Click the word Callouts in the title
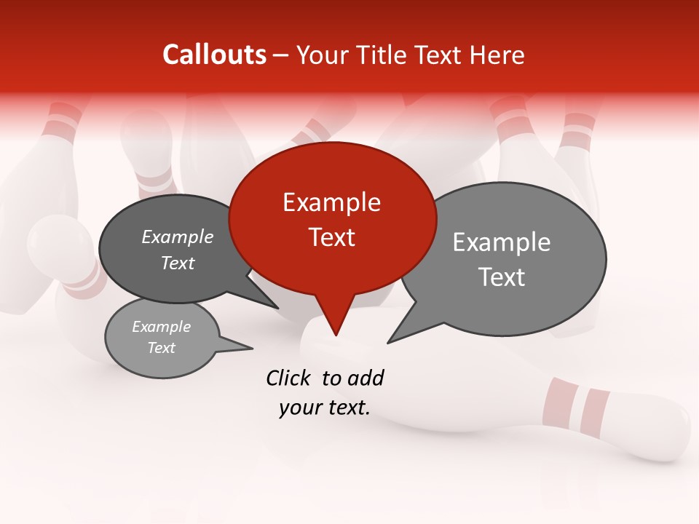[214, 55]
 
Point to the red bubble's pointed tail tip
[336, 336]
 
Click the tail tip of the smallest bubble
[252, 349]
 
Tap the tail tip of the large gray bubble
[388, 342]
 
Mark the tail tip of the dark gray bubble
[279, 309]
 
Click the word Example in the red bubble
[331, 202]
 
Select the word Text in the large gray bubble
[502, 277]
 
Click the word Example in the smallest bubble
[161, 327]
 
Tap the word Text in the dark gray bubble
[178, 263]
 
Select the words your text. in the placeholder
[325, 408]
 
